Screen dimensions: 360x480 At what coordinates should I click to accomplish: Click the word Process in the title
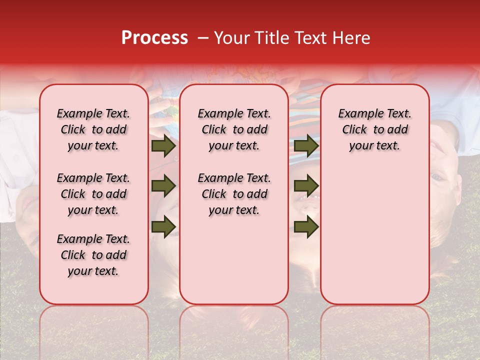(154, 38)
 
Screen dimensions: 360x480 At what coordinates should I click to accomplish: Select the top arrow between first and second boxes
(163, 146)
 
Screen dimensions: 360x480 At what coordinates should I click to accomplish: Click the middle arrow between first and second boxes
(163, 186)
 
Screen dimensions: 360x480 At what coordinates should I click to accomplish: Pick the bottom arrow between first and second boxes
(163, 226)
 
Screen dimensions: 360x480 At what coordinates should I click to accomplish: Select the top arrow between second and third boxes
(306, 146)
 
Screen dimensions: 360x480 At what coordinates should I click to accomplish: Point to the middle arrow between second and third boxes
(306, 186)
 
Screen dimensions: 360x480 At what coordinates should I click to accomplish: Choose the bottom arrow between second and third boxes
(306, 226)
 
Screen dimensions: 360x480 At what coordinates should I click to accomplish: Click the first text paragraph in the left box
(93, 129)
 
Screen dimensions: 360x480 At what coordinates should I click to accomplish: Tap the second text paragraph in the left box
(93, 194)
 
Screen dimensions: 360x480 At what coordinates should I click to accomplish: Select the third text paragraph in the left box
(93, 255)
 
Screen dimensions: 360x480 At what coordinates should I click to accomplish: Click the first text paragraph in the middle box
(234, 129)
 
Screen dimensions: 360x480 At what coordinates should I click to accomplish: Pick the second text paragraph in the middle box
(234, 194)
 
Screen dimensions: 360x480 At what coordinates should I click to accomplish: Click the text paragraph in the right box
(374, 129)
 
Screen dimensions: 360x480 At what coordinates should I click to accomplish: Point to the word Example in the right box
(359, 114)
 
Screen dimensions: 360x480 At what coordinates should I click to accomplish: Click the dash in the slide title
(202, 38)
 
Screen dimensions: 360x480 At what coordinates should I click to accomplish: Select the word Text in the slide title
(307, 38)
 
